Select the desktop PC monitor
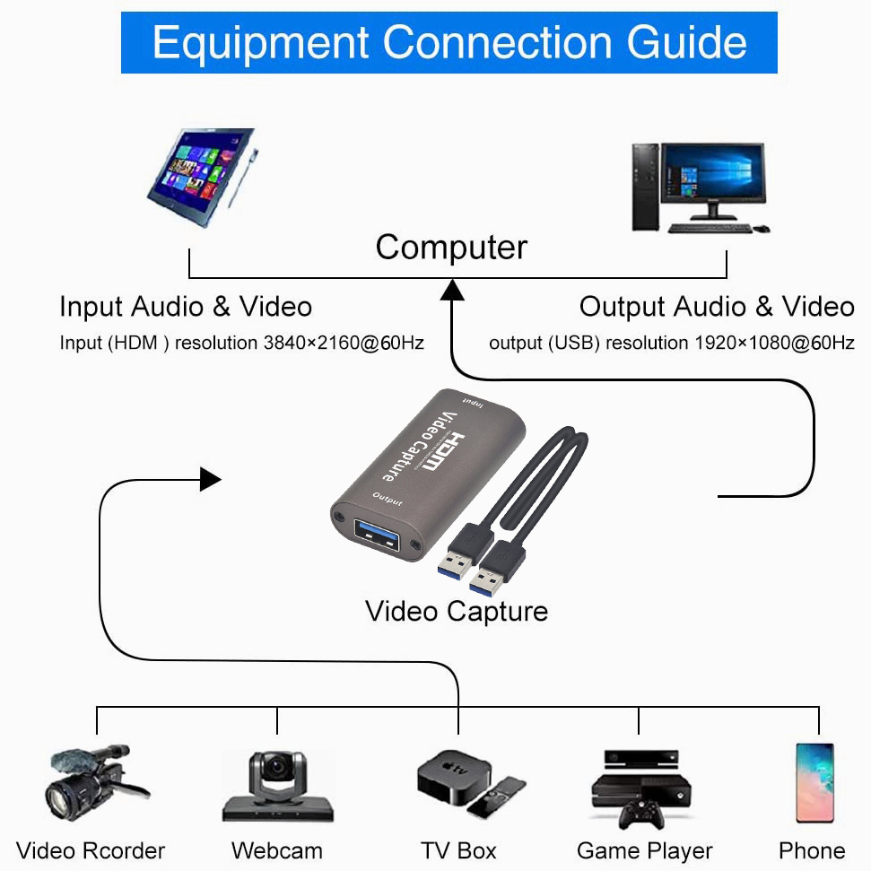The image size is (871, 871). pos(712,174)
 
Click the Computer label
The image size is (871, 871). pos(451,248)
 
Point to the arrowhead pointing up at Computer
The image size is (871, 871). pos(452,290)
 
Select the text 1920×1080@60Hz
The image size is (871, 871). pos(774,343)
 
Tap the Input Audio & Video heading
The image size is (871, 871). pos(186,307)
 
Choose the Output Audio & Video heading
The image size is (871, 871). pos(717,307)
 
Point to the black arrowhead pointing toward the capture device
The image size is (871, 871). pos(210,479)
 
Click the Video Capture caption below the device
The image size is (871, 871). pos(456,612)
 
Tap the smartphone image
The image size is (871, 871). pos(814,782)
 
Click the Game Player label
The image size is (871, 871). pos(644,850)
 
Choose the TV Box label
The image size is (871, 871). pos(458,850)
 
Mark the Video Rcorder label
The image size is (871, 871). pos(91,850)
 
